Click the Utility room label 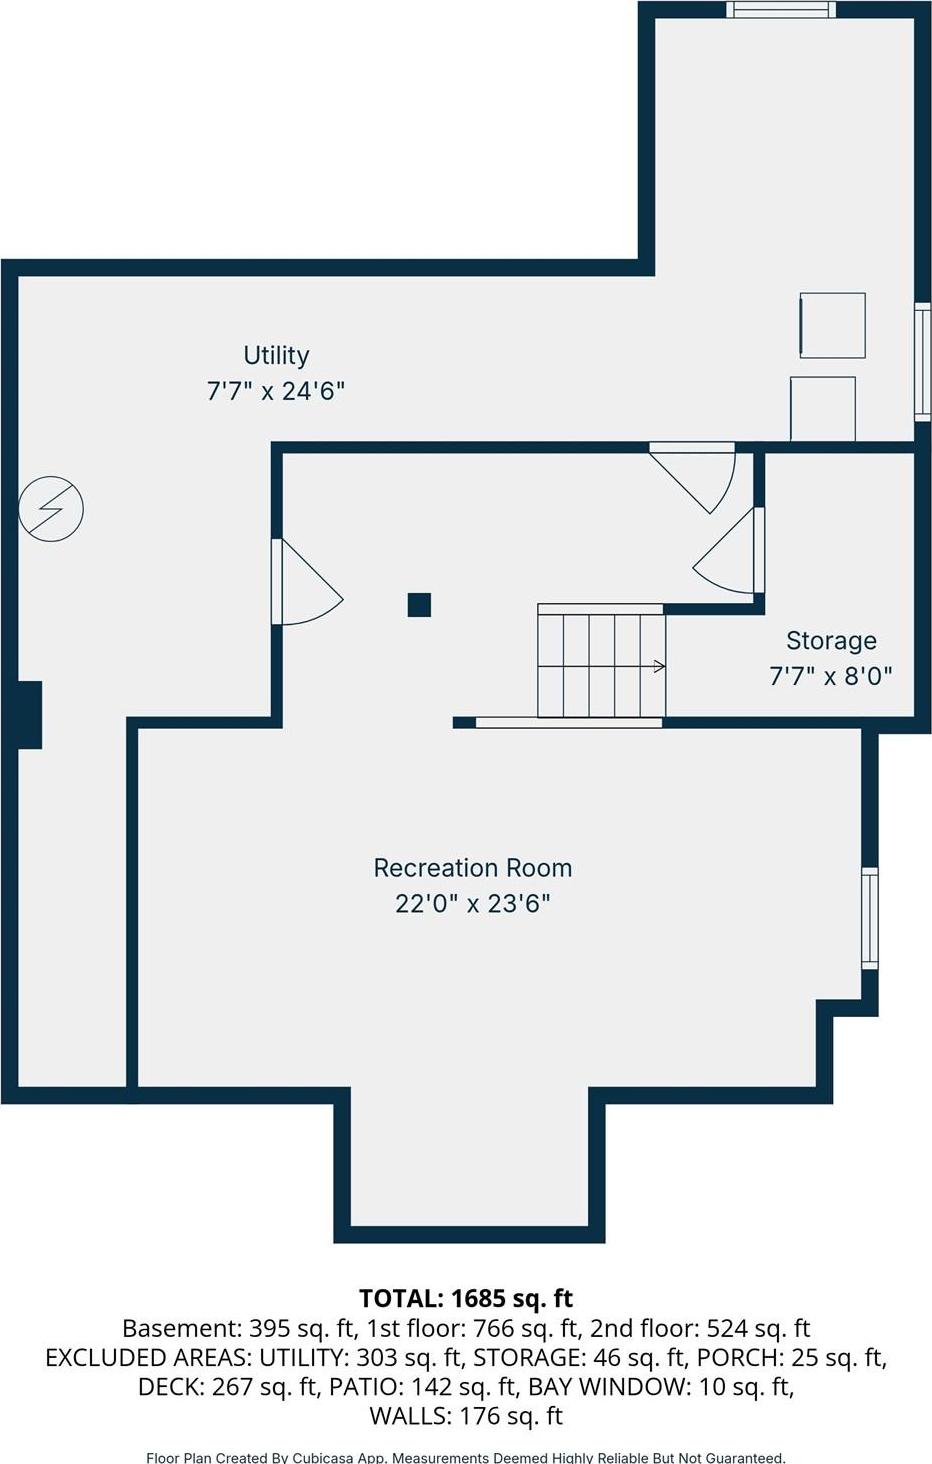click(x=276, y=355)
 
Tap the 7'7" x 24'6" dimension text click(x=276, y=391)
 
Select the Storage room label click(x=831, y=640)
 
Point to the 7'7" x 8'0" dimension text click(x=831, y=676)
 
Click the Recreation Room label click(x=472, y=868)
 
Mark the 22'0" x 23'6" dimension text click(x=472, y=904)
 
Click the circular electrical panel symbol click(x=51, y=509)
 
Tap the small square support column click(x=419, y=605)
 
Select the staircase click(x=600, y=662)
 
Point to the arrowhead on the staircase click(x=660, y=666)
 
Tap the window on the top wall click(x=780, y=10)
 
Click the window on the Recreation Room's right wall click(x=870, y=918)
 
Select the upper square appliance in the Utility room click(x=832, y=325)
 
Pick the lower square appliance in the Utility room click(x=822, y=408)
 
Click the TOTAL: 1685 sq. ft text click(x=466, y=1298)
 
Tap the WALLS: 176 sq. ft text click(x=466, y=1416)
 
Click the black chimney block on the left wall click(x=29, y=714)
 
